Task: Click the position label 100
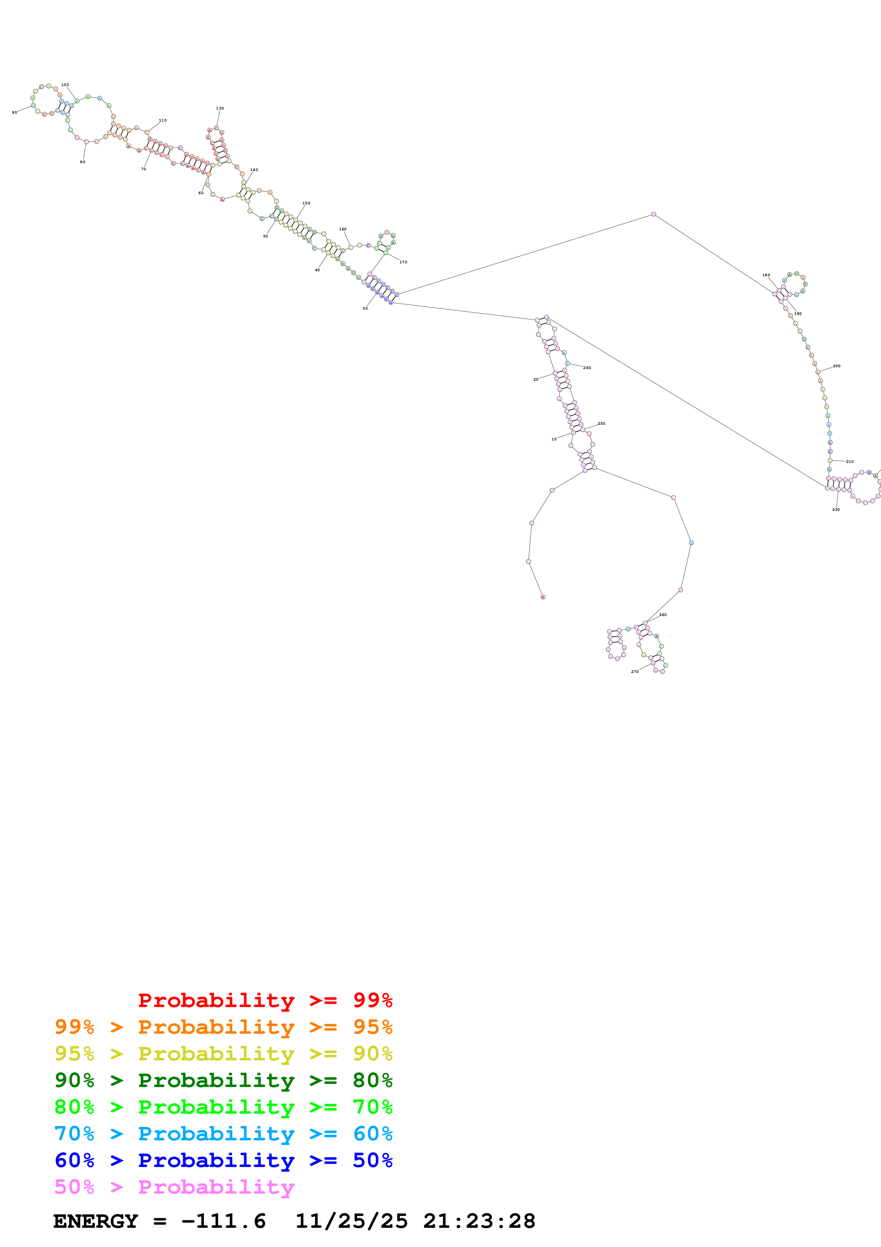(65, 85)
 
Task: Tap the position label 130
(220, 108)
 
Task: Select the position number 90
(14, 112)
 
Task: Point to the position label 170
(403, 262)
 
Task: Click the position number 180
(766, 275)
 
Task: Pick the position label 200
(837, 366)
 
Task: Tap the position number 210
(849, 462)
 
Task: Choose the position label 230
(836, 509)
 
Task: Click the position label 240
(587, 368)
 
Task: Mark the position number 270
(635, 672)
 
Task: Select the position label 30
(365, 309)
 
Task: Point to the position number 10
(554, 439)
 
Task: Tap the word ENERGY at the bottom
(96, 1221)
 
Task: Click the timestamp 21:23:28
(479, 1221)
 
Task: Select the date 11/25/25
(352, 1221)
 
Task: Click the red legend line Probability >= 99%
(265, 1000)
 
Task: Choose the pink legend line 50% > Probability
(174, 1187)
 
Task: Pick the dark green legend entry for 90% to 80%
(223, 1080)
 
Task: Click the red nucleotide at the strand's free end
(543, 597)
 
